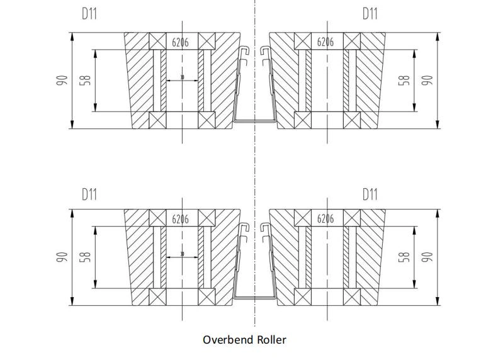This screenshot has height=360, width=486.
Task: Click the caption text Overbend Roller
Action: click(244, 340)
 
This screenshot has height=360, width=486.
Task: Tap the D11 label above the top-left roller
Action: click(90, 13)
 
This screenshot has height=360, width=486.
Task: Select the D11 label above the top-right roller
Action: click(370, 13)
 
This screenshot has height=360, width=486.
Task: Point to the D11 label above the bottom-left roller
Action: click(90, 194)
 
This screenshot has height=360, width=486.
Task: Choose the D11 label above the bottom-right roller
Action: click(370, 194)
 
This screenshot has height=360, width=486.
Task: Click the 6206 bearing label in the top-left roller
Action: click(181, 42)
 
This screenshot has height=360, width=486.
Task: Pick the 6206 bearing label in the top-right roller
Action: click(325, 42)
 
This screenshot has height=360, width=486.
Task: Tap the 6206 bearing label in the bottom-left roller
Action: click(181, 219)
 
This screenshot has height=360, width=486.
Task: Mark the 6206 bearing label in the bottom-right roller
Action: click(325, 219)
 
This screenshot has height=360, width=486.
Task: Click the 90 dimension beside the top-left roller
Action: click(61, 81)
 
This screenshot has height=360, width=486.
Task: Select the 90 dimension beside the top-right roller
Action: click(427, 81)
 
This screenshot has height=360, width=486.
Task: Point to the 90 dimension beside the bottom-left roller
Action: click(61, 257)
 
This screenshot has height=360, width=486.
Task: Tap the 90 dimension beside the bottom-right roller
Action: click(427, 257)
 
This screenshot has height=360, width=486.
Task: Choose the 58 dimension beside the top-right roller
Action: click(405, 81)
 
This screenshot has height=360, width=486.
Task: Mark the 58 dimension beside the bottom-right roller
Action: click(405, 257)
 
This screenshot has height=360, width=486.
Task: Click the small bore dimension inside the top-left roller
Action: click(183, 78)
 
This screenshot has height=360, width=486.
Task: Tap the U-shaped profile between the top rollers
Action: click(255, 120)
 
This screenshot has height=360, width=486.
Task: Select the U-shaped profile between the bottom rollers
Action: click(255, 296)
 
